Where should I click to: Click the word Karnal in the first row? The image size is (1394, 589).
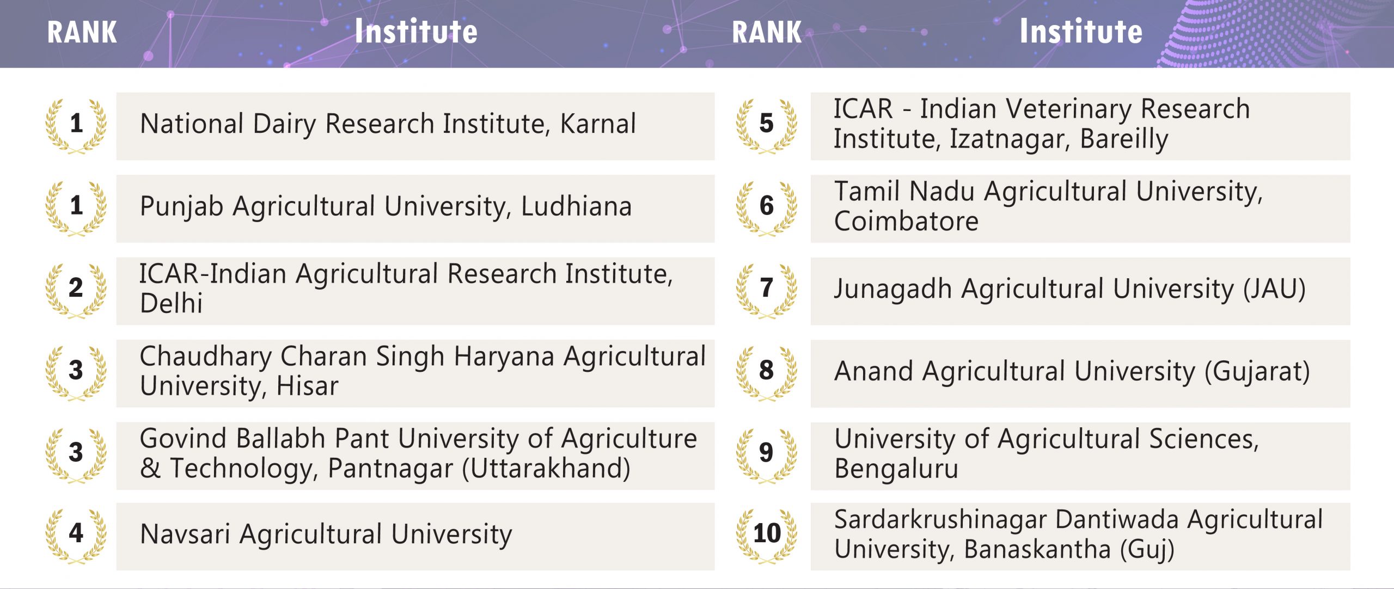coord(598,124)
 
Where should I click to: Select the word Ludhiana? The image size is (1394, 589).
coord(576,206)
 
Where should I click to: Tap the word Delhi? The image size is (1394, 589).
coord(171,303)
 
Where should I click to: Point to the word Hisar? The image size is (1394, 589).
coord(307,386)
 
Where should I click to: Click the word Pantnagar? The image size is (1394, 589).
coord(390,469)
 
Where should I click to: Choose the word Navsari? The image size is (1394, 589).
coord(185,534)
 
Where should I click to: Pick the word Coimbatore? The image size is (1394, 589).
coord(906,221)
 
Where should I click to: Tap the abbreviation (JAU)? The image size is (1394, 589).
coord(1274,289)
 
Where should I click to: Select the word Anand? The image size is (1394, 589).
coord(873,371)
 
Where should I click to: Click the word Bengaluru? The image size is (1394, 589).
coord(896,469)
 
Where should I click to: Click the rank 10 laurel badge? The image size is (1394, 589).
coord(767,536)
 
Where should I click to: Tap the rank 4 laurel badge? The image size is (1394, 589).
coord(76,536)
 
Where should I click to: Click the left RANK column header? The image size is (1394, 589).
coord(82,32)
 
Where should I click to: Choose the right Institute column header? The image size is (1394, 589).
coord(1081,31)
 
